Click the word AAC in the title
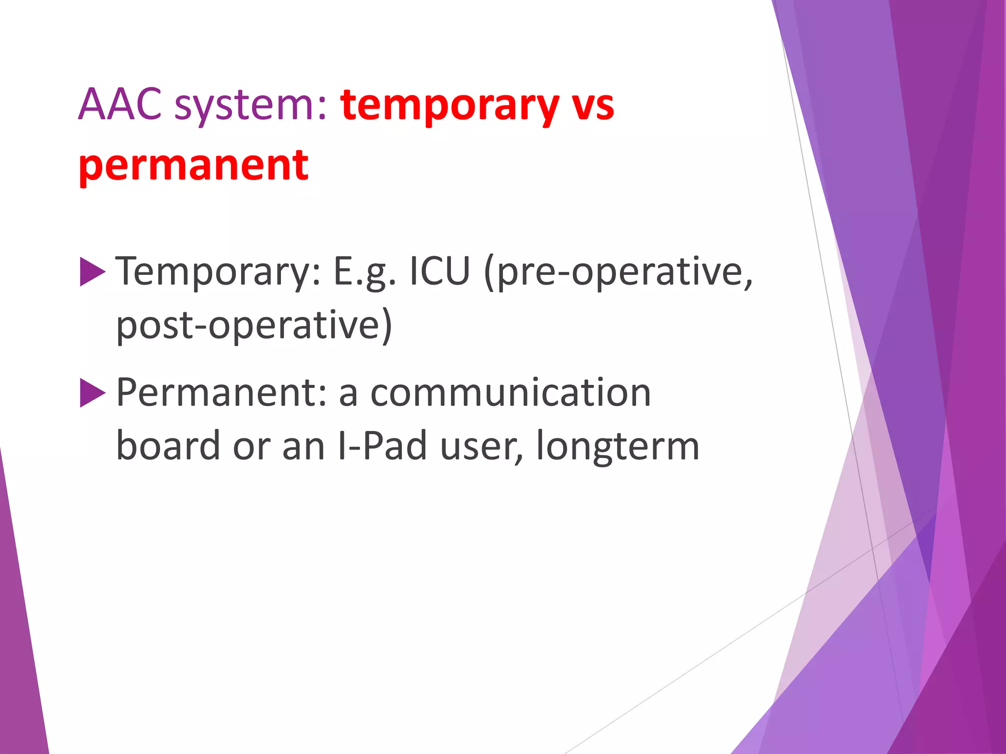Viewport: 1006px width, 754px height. tap(120, 105)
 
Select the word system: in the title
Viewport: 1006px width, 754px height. tap(251, 106)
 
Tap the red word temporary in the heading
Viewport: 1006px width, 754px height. tap(450, 106)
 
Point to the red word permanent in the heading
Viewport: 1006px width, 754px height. tap(194, 166)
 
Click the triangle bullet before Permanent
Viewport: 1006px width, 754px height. tap(92, 393)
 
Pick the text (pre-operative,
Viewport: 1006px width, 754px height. tap(618, 272)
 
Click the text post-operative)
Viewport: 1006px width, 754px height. tap(254, 325)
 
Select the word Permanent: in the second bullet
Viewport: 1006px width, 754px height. tap(222, 393)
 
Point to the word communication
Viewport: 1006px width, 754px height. tap(510, 393)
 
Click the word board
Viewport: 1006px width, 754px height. tap(168, 446)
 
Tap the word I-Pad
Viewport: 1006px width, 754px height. tap(383, 446)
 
